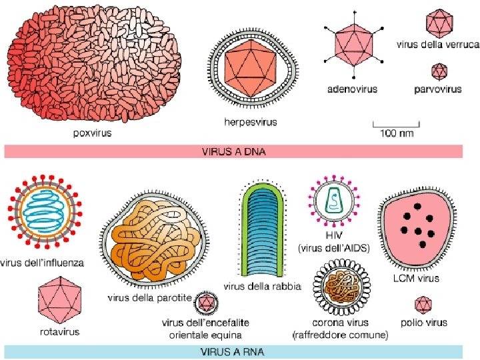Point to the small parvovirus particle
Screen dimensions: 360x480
click(x=439, y=71)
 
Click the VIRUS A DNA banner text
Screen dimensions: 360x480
click(x=233, y=151)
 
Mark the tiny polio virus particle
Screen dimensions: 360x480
click(x=423, y=305)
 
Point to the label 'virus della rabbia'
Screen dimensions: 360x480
click(x=262, y=287)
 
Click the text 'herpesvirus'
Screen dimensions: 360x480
click(x=250, y=123)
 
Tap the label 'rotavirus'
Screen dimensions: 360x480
click(x=59, y=331)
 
